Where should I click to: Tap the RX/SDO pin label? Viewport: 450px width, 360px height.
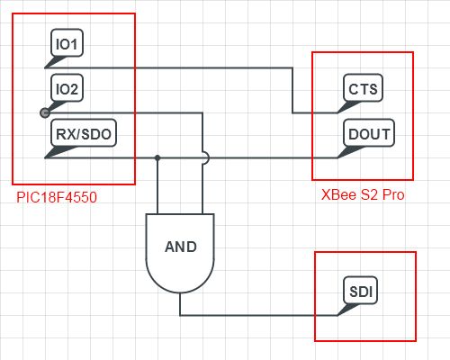click(83, 134)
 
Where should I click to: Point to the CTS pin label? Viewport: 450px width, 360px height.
click(363, 89)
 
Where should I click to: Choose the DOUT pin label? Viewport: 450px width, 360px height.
click(368, 134)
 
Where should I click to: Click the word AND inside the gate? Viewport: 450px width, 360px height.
click(180, 247)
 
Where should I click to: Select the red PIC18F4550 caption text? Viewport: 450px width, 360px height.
click(57, 194)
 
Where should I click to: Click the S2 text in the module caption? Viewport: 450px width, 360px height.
click(364, 194)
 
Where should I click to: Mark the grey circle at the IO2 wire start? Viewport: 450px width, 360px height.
click(45, 112)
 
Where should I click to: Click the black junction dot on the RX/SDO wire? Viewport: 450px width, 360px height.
click(157, 157)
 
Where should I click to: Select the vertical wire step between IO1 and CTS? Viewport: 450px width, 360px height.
click(292, 90)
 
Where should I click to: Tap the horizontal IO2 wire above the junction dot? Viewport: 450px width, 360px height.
click(126, 112)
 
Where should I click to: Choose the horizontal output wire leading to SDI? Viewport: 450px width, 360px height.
click(261, 315)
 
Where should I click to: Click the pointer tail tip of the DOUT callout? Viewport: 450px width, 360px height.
click(338, 157)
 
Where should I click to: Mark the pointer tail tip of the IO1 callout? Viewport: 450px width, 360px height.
click(46, 67)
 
